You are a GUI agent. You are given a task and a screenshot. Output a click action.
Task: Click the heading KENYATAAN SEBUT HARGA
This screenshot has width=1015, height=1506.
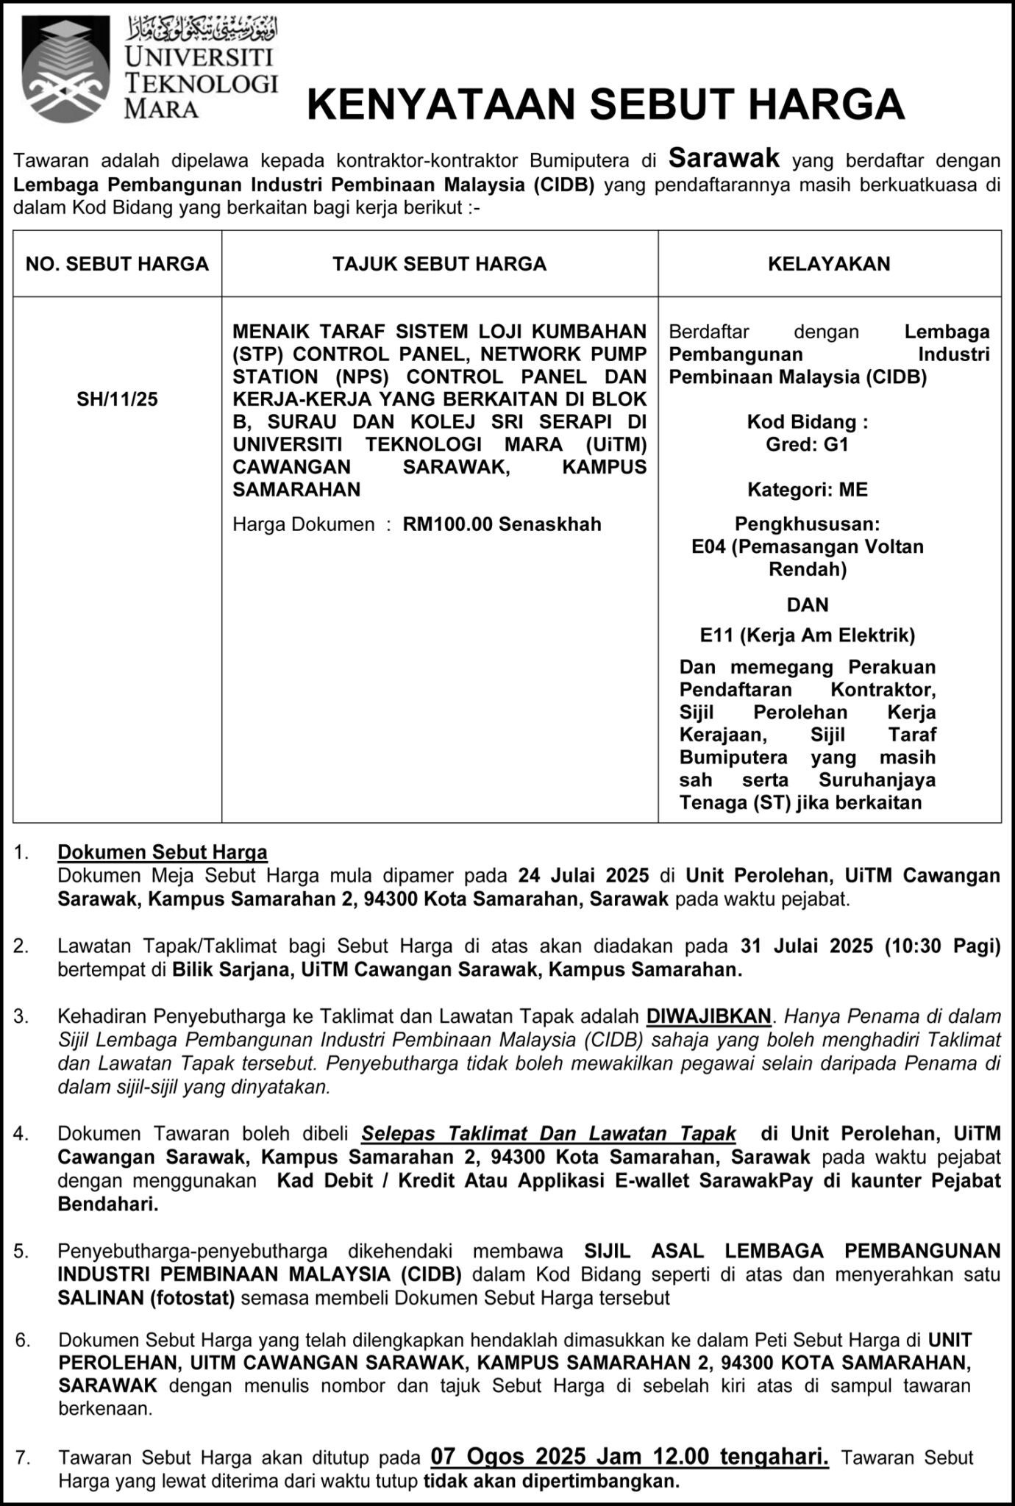(605, 104)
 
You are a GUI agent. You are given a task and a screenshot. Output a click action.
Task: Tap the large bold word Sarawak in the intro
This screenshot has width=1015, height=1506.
(724, 157)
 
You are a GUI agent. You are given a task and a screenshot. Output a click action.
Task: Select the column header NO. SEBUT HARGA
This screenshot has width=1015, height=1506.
(117, 264)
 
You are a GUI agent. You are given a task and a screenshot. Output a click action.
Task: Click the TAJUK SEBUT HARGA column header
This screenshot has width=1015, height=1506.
(439, 264)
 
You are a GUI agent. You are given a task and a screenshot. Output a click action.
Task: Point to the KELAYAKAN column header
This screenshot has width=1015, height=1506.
(829, 264)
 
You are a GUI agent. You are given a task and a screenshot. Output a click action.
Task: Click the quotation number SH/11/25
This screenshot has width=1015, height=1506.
(117, 399)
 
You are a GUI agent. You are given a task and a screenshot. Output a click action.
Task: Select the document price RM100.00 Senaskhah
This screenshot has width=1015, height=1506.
(502, 524)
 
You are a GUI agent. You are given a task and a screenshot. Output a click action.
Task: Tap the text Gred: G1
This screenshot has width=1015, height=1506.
(807, 444)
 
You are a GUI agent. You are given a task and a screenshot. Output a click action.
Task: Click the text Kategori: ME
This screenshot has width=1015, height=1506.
(807, 490)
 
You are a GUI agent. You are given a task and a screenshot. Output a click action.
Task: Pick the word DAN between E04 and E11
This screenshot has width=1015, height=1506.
(807, 604)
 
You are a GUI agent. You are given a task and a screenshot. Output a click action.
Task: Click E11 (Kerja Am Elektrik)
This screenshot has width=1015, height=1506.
(807, 635)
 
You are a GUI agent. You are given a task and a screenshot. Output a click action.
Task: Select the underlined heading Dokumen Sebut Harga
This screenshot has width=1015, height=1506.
(163, 852)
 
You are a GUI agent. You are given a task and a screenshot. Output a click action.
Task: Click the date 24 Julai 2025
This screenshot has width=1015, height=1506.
(583, 875)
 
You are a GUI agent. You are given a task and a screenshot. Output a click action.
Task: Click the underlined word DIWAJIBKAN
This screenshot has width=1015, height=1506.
(708, 1016)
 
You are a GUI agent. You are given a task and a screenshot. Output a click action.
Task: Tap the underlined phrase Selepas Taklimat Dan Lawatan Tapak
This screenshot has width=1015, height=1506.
(548, 1133)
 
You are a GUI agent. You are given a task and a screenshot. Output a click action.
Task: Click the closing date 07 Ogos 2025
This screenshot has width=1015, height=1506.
(508, 1457)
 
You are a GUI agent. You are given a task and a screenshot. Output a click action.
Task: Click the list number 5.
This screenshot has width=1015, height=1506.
(21, 1251)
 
